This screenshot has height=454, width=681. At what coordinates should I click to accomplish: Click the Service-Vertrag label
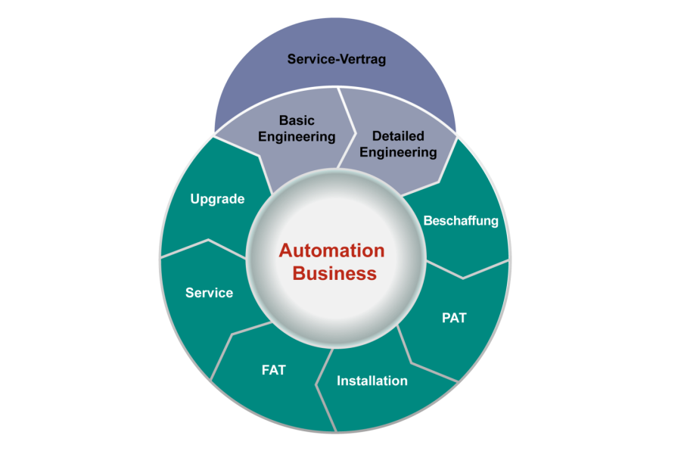click(x=337, y=58)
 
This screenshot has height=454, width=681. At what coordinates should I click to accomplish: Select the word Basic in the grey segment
click(x=297, y=120)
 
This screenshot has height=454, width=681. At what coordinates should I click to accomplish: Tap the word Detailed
click(x=398, y=135)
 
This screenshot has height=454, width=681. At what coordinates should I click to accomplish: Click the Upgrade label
click(x=217, y=199)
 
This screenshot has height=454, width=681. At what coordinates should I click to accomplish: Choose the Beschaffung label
click(x=461, y=221)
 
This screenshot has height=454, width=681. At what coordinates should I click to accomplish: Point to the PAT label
click(x=454, y=317)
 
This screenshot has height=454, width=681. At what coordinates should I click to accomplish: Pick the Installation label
click(x=372, y=381)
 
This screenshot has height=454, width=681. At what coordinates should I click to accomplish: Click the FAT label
click(x=273, y=370)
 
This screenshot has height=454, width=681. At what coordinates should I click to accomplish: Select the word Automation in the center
click(x=331, y=250)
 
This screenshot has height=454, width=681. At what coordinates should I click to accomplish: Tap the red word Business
click(x=334, y=273)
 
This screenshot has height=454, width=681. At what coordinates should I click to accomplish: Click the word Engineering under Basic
click(x=297, y=137)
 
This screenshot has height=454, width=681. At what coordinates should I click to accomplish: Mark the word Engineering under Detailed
click(x=398, y=152)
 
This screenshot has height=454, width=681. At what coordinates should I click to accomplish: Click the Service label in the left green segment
click(x=209, y=293)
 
